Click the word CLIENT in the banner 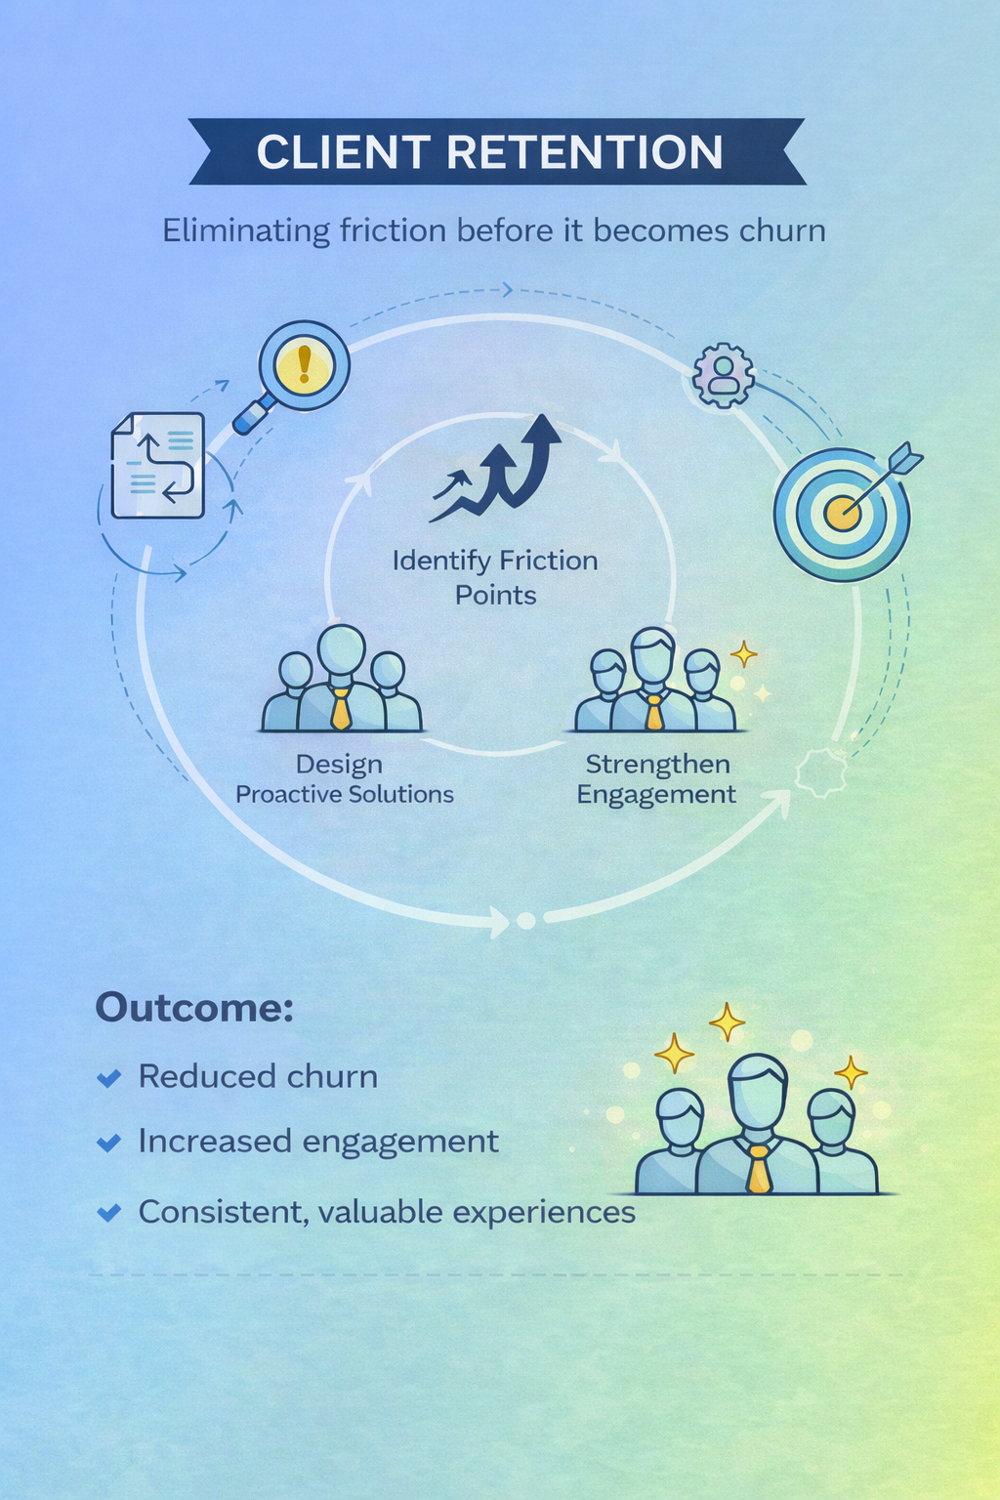[x=343, y=152]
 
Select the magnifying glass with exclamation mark [x=302, y=368]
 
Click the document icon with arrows [x=158, y=465]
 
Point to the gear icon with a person [x=724, y=375]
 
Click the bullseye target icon [x=841, y=514]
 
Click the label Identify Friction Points [x=495, y=577]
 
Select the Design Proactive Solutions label [x=344, y=778]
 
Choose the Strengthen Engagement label [x=657, y=778]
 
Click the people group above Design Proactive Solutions [x=341, y=682]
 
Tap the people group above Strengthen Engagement [x=653, y=684]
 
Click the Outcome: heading [x=193, y=1007]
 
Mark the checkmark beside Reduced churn [x=109, y=1078]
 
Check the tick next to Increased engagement [x=109, y=1143]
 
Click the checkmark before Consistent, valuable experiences [x=109, y=1213]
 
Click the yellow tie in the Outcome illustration [x=759, y=1169]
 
